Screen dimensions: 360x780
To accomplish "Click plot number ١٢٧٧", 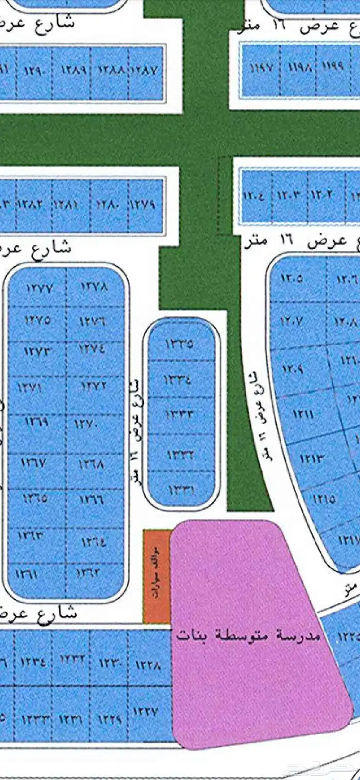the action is pos(39,288).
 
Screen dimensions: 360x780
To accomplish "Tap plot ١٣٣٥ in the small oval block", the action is pos(179,343).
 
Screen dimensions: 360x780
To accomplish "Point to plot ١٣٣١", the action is pos(179,490).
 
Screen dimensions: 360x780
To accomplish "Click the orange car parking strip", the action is pos(156,576).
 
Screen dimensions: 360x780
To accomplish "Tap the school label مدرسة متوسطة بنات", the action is pos(248,636).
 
